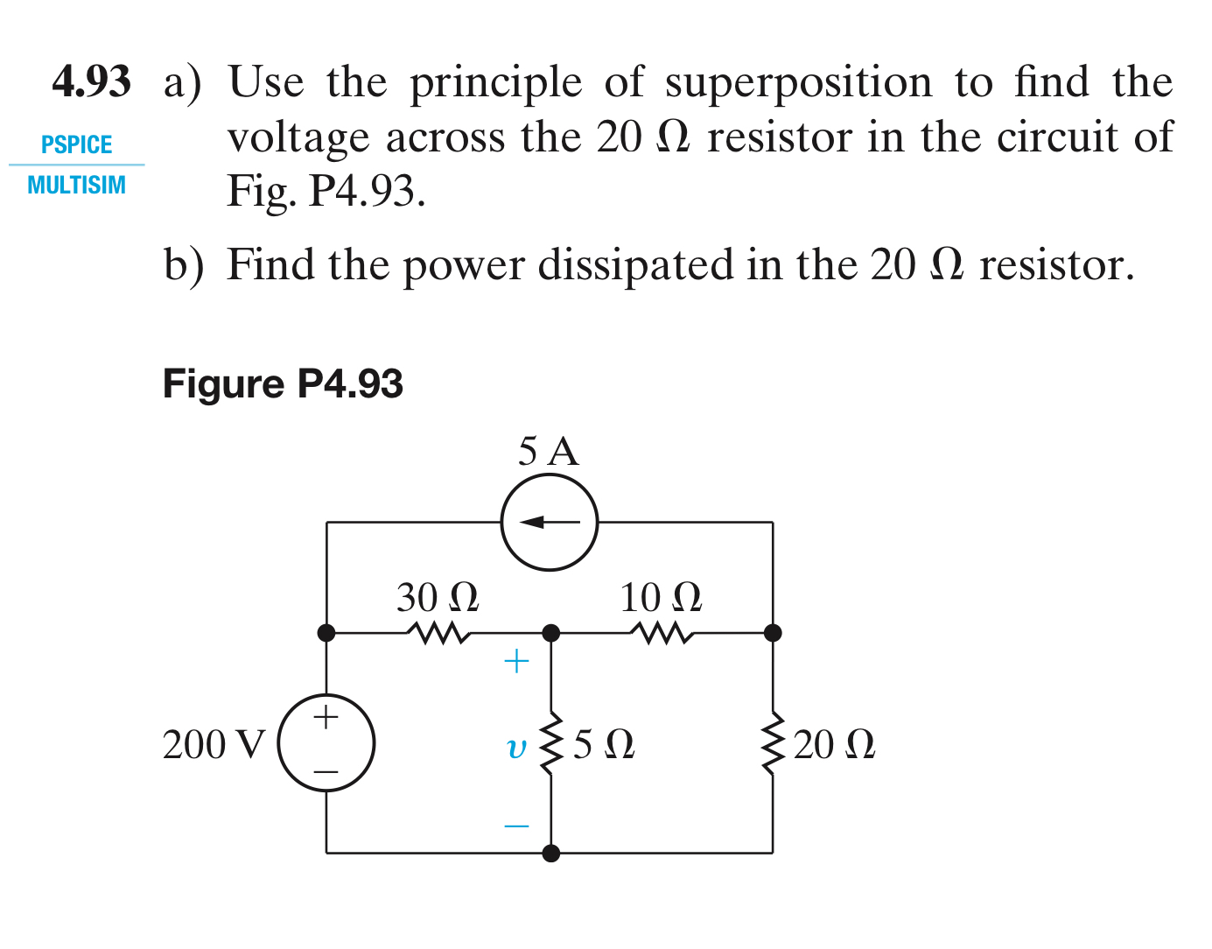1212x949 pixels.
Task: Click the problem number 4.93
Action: pyautogui.click(x=91, y=81)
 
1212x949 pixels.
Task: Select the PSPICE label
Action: pyautogui.click(x=77, y=144)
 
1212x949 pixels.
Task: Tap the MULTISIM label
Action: pyautogui.click(x=77, y=185)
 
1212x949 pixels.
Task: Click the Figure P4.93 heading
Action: pyautogui.click(x=283, y=383)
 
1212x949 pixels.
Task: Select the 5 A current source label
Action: pyautogui.click(x=549, y=452)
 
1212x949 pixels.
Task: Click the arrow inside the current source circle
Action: pyautogui.click(x=549, y=523)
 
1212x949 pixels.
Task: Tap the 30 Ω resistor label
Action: pyautogui.click(x=438, y=598)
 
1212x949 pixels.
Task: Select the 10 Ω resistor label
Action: pyautogui.click(x=661, y=598)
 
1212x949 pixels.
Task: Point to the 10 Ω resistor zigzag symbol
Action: pyautogui.click(x=662, y=632)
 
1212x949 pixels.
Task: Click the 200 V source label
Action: pyautogui.click(x=214, y=745)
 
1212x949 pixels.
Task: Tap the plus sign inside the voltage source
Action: pyautogui.click(x=326, y=718)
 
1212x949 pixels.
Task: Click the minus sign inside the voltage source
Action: pyautogui.click(x=326, y=771)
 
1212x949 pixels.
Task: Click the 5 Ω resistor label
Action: pyautogui.click(x=604, y=745)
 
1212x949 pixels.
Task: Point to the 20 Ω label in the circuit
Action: pyautogui.click(x=834, y=745)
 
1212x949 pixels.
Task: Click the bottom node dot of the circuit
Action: pyautogui.click(x=551, y=853)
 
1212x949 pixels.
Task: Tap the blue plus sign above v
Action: pyautogui.click(x=517, y=661)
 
